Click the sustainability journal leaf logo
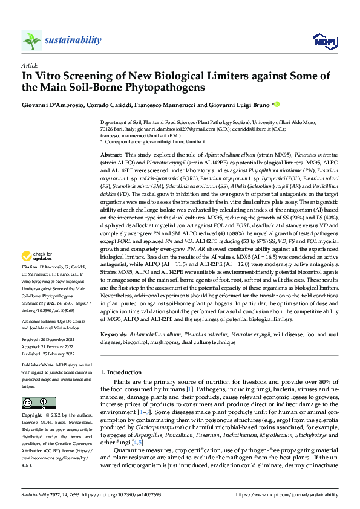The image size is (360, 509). [x=32, y=40]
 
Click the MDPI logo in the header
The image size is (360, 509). [x=323, y=41]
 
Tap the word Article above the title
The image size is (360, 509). [x=30, y=65]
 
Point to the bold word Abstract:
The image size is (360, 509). [x=113, y=155]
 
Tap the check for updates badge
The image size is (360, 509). [x=38, y=273]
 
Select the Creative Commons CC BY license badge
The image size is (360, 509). [x=38, y=403]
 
